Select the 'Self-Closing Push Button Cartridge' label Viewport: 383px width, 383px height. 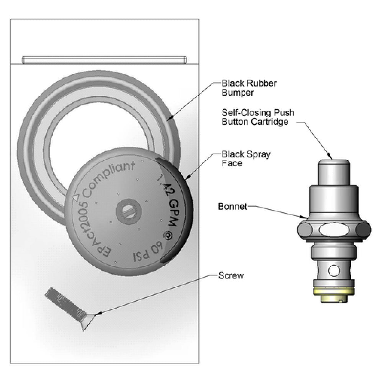coord(258,117)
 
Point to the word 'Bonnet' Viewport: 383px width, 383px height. coord(232,207)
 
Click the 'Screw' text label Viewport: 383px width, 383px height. coord(231,275)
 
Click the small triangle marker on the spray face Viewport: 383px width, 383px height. coord(75,197)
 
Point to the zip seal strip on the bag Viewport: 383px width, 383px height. coord(104,60)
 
